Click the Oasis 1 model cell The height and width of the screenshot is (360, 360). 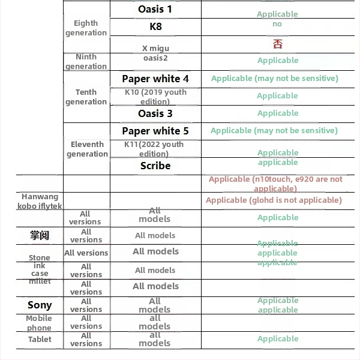155,9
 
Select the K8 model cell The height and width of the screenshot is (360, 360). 155,26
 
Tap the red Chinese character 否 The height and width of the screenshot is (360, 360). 277,43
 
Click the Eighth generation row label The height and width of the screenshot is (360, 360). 86,28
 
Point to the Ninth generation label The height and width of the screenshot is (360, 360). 86,61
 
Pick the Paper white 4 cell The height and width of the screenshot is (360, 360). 155,79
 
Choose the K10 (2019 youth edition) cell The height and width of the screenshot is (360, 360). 155,97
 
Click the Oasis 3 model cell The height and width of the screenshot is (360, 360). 155,113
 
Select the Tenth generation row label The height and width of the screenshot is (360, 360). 86,97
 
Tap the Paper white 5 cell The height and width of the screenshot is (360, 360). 155,131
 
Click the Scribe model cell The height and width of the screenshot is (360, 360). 155,166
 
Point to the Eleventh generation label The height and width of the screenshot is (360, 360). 87,149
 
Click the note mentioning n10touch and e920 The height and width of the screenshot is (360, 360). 275,184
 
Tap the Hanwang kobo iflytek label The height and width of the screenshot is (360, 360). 40,201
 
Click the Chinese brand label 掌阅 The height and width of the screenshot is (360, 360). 40,235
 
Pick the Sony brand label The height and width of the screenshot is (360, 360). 40,305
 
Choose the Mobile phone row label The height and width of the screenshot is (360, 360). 39,323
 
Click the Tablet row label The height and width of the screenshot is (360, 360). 40,339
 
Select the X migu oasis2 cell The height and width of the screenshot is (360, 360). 155,53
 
